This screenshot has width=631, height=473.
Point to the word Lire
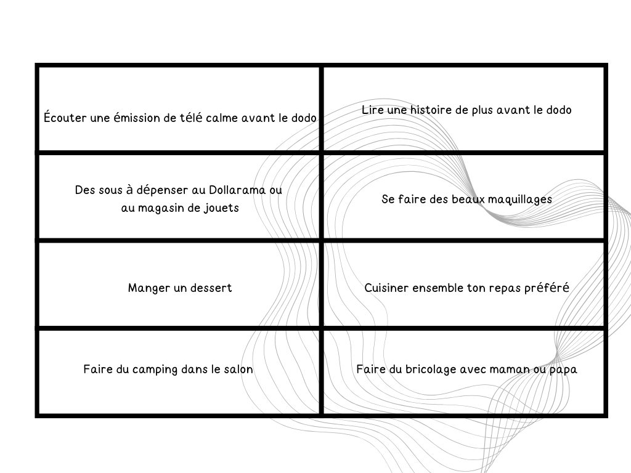click(373, 110)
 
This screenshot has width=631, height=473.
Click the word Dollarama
click(237, 190)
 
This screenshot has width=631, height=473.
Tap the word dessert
click(211, 288)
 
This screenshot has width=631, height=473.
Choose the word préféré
click(547, 288)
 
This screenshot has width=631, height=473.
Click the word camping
click(155, 370)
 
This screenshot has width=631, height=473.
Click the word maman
click(510, 370)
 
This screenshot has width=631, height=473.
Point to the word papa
click(564, 370)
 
